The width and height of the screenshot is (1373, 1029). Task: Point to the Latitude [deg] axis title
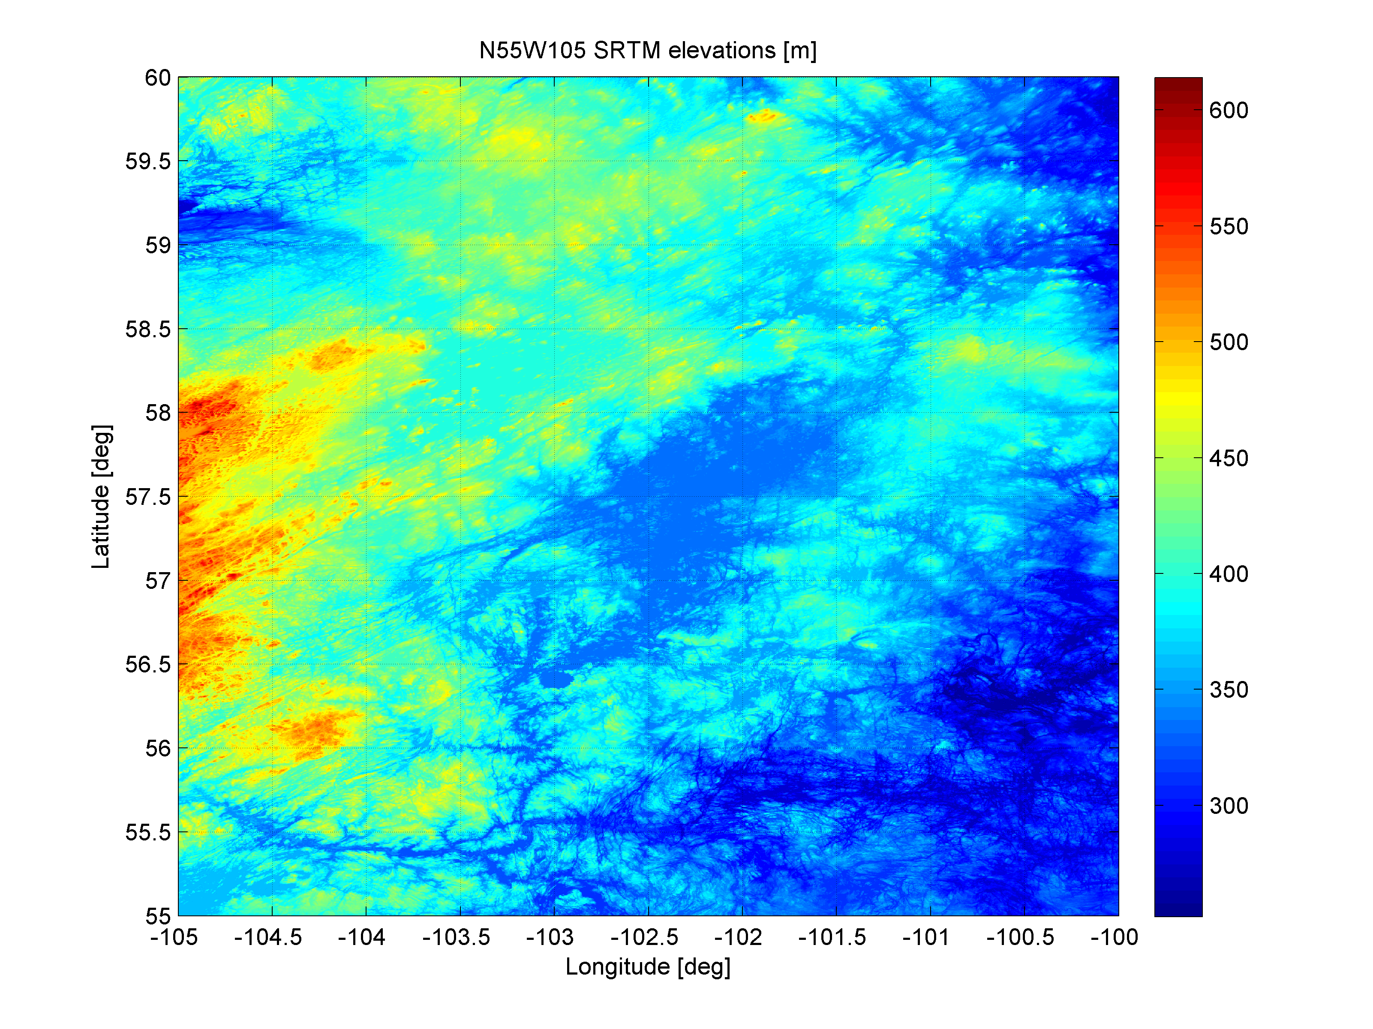(101, 497)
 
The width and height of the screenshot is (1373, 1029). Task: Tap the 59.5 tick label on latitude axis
(148, 162)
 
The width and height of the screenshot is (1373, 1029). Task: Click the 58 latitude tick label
(158, 413)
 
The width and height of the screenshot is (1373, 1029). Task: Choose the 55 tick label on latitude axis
(158, 916)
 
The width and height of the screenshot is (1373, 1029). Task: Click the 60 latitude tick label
(158, 78)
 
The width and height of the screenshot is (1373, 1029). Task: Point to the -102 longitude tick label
(738, 937)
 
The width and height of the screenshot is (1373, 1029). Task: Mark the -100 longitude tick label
(1114, 937)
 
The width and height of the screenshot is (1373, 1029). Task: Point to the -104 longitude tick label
(362, 937)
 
